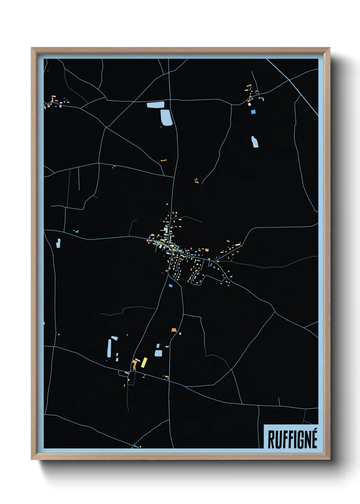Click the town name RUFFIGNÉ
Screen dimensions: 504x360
[292, 439]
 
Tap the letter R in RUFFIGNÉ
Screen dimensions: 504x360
[271, 440]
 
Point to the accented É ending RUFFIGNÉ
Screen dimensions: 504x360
[313, 439]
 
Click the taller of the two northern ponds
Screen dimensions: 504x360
[166, 117]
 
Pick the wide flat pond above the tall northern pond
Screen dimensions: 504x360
[156, 105]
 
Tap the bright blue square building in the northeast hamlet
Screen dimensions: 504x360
[253, 111]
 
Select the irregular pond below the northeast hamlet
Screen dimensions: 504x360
[255, 142]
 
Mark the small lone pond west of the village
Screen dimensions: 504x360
[59, 243]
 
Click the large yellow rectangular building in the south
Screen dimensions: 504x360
[144, 362]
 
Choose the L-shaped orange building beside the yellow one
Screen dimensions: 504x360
[135, 364]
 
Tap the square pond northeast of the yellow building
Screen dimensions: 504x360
[158, 353]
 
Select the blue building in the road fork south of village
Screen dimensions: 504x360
[170, 285]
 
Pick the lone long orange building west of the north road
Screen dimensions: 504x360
[164, 160]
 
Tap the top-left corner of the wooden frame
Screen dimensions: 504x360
[32, 48]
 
